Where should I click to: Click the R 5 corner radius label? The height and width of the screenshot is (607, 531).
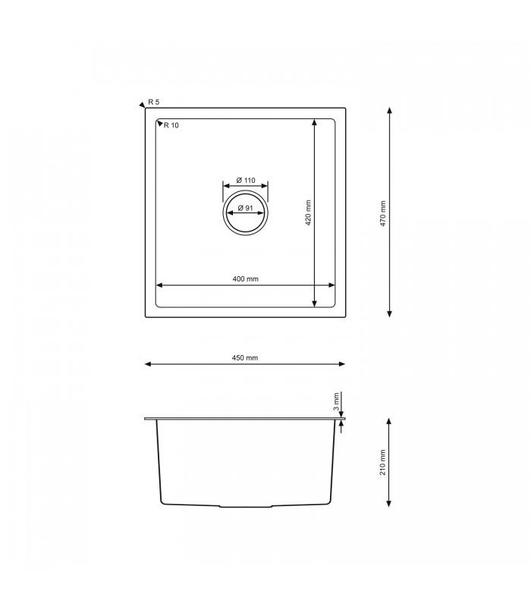pyautogui.click(x=154, y=102)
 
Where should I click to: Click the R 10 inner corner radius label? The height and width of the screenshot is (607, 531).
pyautogui.click(x=171, y=126)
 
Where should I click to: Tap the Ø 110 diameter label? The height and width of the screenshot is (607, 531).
pyautogui.click(x=246, y=180)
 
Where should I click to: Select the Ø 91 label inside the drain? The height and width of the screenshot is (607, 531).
pyautogui.click(x=244, y=208)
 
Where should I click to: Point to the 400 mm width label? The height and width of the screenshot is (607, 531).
pyautogui.click(x=246, y=279)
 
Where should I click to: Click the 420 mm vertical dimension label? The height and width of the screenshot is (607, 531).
pyautogui.click(x=309, y=212)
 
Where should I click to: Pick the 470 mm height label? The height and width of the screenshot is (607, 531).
pyautogui.click(x=383, y=212)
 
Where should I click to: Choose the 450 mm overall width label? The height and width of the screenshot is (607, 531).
pyautogui.click(x=246, y=357)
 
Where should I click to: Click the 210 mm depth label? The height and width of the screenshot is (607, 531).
pyautogui.click(x=383, y=461)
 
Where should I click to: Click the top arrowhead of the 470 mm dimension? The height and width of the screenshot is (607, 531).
pyautogui.click(x=389, y=111)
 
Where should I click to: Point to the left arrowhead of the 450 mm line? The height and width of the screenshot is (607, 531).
pyautogui.click(x=148, y=365)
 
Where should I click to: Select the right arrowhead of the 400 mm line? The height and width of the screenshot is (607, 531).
pyautogui.click(x=331, y=286)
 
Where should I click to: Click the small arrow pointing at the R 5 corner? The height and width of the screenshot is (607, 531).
pyautogui.click(x=142, y=105)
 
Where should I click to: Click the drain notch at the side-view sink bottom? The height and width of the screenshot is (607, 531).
pyautogui.click(x=246, y=505)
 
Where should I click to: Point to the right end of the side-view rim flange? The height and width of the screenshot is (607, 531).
pyautogui.click(x=345, y=417)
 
